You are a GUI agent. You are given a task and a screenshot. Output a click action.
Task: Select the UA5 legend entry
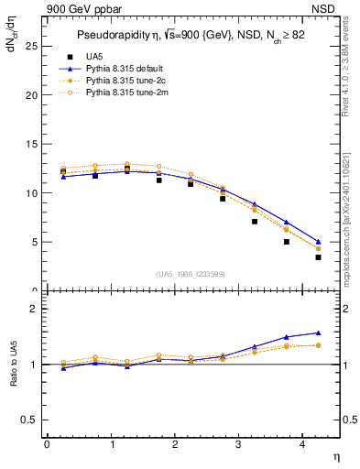[x=87, y=56]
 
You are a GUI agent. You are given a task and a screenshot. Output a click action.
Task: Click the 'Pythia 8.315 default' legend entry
[x=115, y=68]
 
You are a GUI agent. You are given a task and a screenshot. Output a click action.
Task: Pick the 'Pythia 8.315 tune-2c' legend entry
[x=115, y=80]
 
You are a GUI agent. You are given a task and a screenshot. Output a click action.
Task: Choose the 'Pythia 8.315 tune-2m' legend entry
[x=115, y=92]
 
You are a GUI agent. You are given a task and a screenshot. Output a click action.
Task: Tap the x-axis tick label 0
[x=47, y=444]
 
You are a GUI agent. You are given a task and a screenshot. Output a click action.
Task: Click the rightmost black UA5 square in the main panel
[x=318, y=257]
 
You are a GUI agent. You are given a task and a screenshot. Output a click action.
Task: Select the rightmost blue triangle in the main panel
[x=318, y=242]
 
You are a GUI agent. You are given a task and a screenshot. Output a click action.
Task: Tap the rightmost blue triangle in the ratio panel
[x=318, y=333]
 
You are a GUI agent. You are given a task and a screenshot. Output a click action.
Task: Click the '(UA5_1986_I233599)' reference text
[x=191, y=276]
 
